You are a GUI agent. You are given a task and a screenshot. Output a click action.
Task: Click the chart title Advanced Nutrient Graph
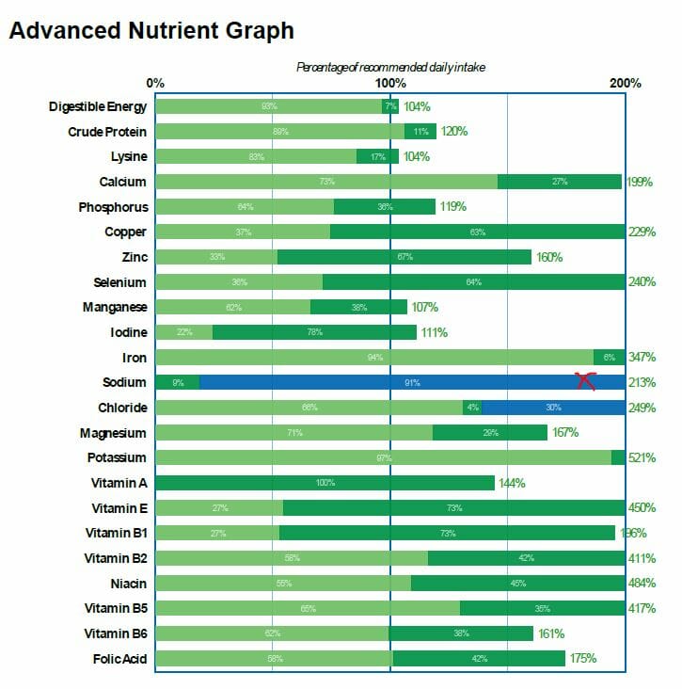pos(151,31)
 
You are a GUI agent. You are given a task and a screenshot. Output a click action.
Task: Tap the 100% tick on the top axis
pos(390,84)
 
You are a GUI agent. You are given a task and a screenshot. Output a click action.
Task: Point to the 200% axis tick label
pos(626,84)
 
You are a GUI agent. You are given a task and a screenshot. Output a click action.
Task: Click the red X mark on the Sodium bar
pos(586,380)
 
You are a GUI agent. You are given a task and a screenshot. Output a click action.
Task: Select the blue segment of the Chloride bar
pos(553,408)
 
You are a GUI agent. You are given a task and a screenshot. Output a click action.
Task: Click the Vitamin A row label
pos(119,483)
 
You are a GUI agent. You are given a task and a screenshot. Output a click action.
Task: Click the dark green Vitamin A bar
pos(325,483)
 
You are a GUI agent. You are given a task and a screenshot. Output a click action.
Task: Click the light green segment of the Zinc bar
pos(216,257)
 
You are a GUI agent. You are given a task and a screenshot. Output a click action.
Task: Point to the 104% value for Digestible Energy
pos(417,106)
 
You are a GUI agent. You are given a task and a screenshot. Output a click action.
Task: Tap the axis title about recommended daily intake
pos(390,67)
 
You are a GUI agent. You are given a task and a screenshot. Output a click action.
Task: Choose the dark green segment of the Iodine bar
pos(314,332)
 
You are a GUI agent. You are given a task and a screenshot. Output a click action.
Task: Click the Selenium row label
pos(119,282)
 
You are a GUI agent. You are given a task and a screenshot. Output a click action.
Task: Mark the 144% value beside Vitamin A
pos(512,483)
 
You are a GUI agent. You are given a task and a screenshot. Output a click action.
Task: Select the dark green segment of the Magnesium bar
pos(489,433)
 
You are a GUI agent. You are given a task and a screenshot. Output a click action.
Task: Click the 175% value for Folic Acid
pos(582,659)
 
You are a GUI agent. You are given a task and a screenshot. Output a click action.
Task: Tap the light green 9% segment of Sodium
pos(178,382)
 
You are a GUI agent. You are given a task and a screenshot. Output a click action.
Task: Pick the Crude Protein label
pos(107,132)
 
